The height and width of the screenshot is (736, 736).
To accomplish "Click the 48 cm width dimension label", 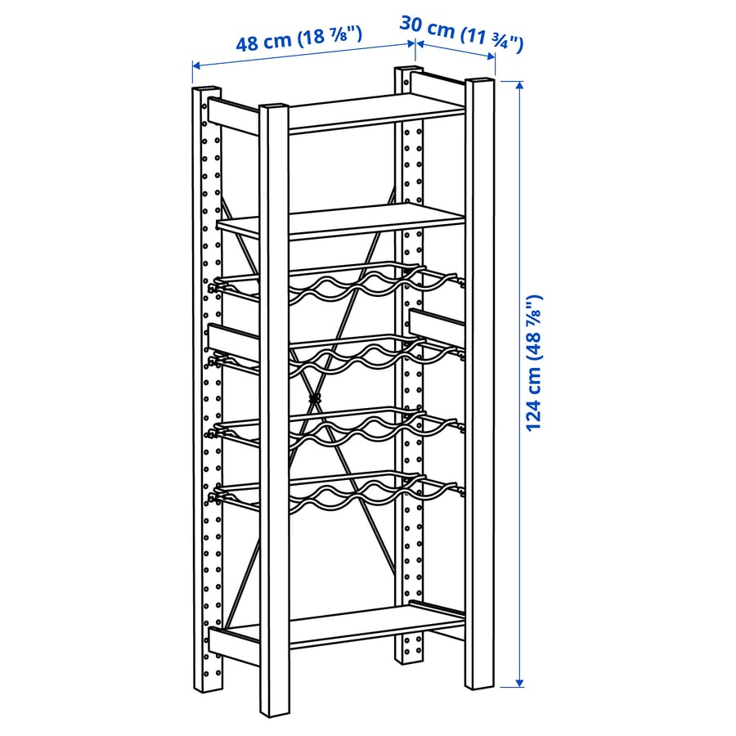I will click(298, 39).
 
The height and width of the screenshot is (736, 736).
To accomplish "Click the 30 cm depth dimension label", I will click(461, 34).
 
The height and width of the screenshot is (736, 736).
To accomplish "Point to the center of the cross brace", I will click(315, 399).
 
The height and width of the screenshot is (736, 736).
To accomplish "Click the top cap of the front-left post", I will click(274, 106).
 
